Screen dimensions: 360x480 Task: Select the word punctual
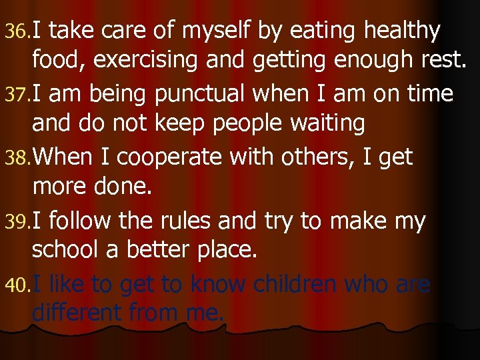202,94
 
